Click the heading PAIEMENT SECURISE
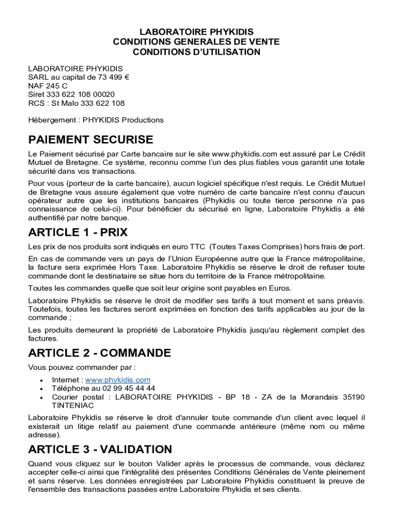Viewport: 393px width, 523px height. click(x=90, y=139)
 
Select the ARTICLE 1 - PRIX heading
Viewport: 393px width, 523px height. click(x=78, y=232)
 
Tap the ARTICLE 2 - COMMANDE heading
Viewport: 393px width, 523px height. click(x=100, y=353)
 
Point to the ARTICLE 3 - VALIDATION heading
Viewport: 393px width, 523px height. click(x=100, y=449)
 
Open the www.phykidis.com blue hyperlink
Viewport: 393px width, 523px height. click(x=117, y=379)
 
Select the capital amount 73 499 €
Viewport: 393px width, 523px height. click(x=110, y=77)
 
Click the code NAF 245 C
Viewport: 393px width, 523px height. click(x=48, y=86)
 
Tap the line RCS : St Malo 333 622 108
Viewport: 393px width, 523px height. click(x=77, y=103)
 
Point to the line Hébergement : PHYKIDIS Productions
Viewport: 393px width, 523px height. click(x=96, y=120)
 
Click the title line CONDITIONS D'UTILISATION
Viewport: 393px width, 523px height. click(x=196, y=52)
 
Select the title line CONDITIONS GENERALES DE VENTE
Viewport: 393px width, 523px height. click(x=196, y=42)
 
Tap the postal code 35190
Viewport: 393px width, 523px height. click(x=354, y=397)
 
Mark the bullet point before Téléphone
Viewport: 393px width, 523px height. click(x=40, y=389)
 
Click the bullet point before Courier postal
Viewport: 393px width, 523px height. click(x=40, y=397)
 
